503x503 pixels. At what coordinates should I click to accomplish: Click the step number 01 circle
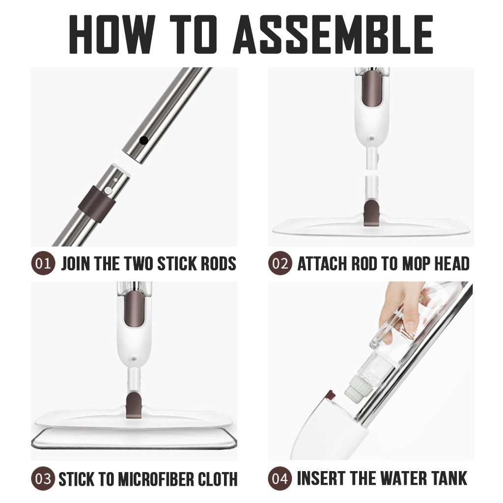[x=43, y=263]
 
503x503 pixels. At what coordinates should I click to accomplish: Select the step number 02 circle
[x=280, y=263]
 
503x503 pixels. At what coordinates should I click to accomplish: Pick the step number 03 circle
[x=43, y=478]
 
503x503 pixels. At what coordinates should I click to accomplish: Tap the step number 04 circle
[x=280, y=478]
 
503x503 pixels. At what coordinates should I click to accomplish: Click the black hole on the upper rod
[x=144, y=140]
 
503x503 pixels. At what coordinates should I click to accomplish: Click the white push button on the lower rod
[x=109, y=191]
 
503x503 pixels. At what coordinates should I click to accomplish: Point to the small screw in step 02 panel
[x=371, y=139]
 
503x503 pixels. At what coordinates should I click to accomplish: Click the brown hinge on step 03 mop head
[x=135, y=404]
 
